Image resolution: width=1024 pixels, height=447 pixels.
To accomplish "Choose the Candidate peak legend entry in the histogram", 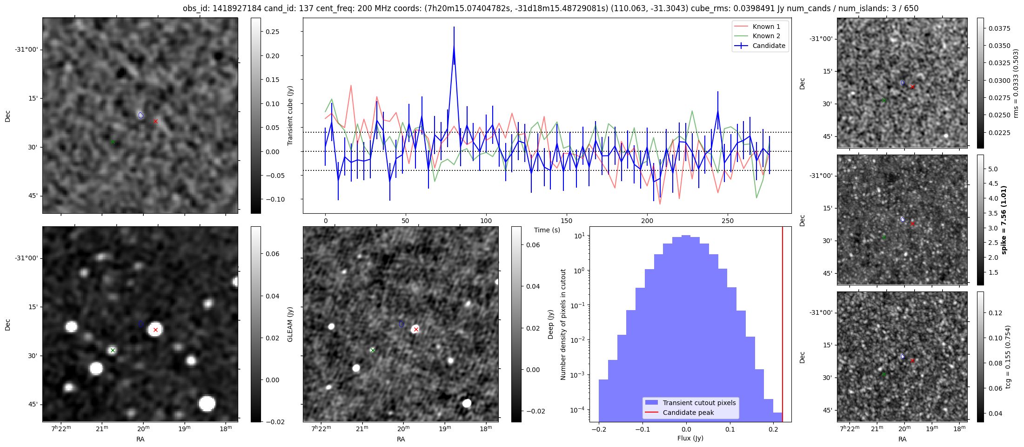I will [x=688, y=413].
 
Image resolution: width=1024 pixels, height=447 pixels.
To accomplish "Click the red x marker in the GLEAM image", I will [x=155, y=330].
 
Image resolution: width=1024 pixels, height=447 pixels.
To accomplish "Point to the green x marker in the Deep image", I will [x=372, y=350].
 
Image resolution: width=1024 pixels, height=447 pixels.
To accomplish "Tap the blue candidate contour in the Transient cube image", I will [x=141, y=115].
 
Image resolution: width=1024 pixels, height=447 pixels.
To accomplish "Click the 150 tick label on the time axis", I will [x=567, y=221].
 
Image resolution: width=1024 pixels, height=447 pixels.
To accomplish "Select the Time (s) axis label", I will [x=547, y=230].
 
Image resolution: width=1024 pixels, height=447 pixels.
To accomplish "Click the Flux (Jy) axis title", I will [x=690, y=438].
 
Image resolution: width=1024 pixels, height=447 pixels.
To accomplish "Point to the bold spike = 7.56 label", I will [x=1004, y=220].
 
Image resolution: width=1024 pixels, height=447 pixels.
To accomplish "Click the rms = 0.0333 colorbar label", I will [x=1016, y=83].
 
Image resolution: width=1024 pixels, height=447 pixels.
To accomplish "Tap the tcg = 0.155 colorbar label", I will [x=1008, y=357].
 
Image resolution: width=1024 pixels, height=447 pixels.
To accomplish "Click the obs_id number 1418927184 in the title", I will [x=238, y=8].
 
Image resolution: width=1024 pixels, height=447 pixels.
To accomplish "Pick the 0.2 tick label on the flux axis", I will [x=773, y=429].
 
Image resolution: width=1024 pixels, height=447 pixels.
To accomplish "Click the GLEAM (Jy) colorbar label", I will [x=290, y=324].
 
